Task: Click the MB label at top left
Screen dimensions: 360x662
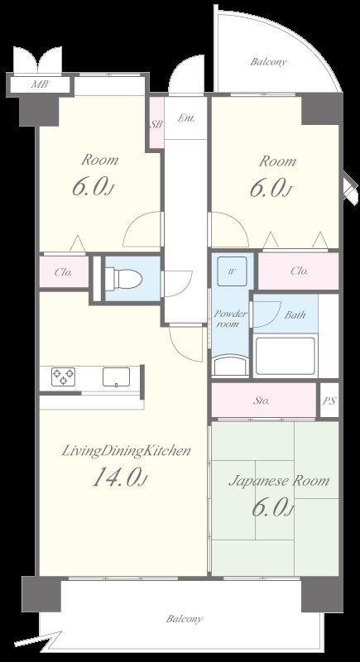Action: point(39,84)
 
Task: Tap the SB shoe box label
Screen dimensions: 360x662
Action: point(157,125)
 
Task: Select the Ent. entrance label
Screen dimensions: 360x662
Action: point(186,118)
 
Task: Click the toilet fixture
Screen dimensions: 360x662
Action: point(122,279)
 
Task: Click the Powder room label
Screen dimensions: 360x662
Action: point(230,319)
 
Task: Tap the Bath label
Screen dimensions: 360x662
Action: point(295,315)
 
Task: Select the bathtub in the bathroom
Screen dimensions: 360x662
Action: point(286,356)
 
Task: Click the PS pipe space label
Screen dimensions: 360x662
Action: point(329,401)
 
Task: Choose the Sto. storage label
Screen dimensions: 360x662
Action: point(262,401)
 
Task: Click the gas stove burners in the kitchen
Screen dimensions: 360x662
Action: point(63,377)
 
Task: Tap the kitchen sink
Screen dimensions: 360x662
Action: point(116,377)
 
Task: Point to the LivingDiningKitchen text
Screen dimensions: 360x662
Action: point(126,451)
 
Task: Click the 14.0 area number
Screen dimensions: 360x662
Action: point(119,478)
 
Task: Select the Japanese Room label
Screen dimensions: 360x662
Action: point(279,482)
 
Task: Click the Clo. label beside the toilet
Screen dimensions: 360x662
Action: point(63,272)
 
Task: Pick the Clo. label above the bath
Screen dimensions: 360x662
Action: point(300,271)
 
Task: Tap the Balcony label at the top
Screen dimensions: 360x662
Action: point(268,62)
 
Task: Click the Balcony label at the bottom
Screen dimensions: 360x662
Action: point(184,619)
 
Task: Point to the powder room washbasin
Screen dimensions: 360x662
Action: point(230,365)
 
